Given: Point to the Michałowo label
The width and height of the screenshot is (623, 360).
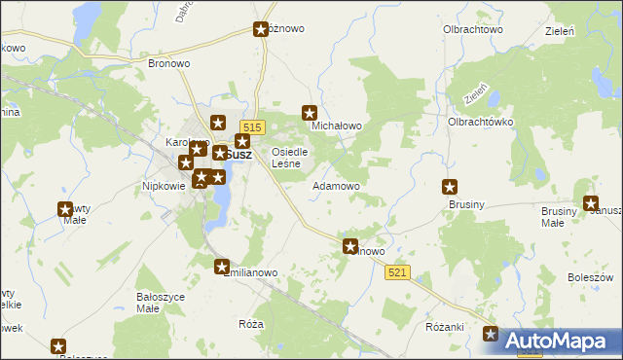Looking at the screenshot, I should [336, 126].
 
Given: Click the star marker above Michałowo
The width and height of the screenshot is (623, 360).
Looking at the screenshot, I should [311, 113].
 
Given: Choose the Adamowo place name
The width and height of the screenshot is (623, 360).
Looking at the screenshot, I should [336, 185].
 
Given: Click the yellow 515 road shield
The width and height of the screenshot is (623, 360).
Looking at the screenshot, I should [252, 127].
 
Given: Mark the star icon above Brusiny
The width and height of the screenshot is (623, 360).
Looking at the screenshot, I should [451, 187].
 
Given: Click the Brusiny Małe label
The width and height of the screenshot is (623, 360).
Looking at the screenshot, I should [567, 216].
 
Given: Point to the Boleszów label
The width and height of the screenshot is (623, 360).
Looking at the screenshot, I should [588, 278].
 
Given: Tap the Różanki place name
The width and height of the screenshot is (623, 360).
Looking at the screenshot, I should [445, 327].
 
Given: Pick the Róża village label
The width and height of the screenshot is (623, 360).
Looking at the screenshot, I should [251, 323].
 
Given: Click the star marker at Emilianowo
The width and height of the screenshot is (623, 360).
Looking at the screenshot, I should [222, 267].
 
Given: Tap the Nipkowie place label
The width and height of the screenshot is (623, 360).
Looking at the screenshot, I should [164, 185].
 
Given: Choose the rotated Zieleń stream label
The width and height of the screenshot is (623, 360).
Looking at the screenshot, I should [477, 94].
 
